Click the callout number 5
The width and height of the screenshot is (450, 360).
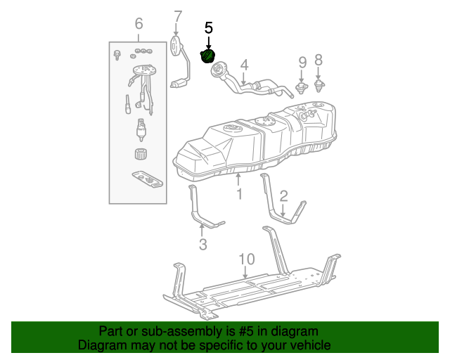pos(208,28)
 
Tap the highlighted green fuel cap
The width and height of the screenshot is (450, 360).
pos(208,55)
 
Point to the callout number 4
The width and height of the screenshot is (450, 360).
pos(244,65)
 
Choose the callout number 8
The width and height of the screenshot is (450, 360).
pos(319,60)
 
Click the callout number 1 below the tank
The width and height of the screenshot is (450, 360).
pos(239,193)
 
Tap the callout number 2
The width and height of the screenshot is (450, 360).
pos(283,195)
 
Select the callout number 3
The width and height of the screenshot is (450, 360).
pos(202,244)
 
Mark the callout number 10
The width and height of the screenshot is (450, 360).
pos(245,259)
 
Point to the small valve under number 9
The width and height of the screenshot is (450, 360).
pos(302,88)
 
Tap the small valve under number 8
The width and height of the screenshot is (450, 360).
pos(319,86)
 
